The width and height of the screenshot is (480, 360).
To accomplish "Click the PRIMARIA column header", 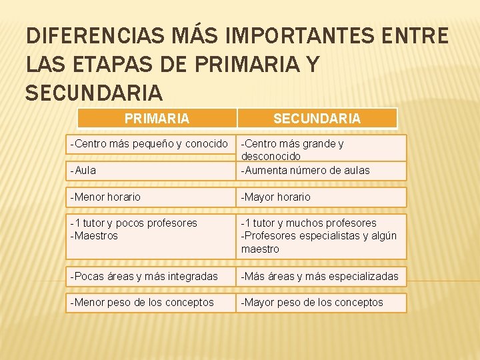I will click(157, 119).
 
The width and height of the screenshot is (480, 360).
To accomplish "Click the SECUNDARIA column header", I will click(317, 119).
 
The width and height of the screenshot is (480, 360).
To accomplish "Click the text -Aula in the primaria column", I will click(83, 170).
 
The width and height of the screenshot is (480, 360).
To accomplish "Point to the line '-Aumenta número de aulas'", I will click(305, 170).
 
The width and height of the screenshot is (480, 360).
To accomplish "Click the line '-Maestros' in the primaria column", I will click(94, 236).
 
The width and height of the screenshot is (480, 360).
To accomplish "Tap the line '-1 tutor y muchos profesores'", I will click(309, 223).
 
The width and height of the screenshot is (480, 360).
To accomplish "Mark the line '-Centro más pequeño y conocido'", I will click(149, 143).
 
